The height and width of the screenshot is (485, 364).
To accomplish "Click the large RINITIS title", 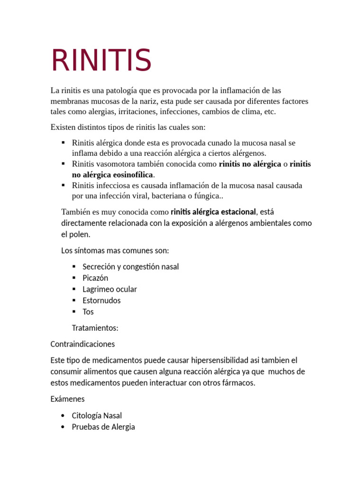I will (101, 60).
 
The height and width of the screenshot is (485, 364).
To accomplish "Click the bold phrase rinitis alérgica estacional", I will (213, 211).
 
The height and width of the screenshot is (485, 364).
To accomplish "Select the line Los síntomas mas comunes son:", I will (115, 250).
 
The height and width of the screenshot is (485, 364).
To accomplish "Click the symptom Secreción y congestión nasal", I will (131, 267).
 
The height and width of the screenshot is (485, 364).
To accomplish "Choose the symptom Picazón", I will (95, 278).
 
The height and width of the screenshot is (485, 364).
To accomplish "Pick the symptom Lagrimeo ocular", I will (109, 289).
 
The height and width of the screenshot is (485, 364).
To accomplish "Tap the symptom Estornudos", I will (101, 301).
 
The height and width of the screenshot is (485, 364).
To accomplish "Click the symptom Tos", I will (88, 312).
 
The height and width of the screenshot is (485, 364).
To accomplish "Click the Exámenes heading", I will (67, 399).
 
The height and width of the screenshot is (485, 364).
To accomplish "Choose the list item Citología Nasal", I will (97, 416).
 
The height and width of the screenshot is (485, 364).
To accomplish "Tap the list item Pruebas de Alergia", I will (103, 427).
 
